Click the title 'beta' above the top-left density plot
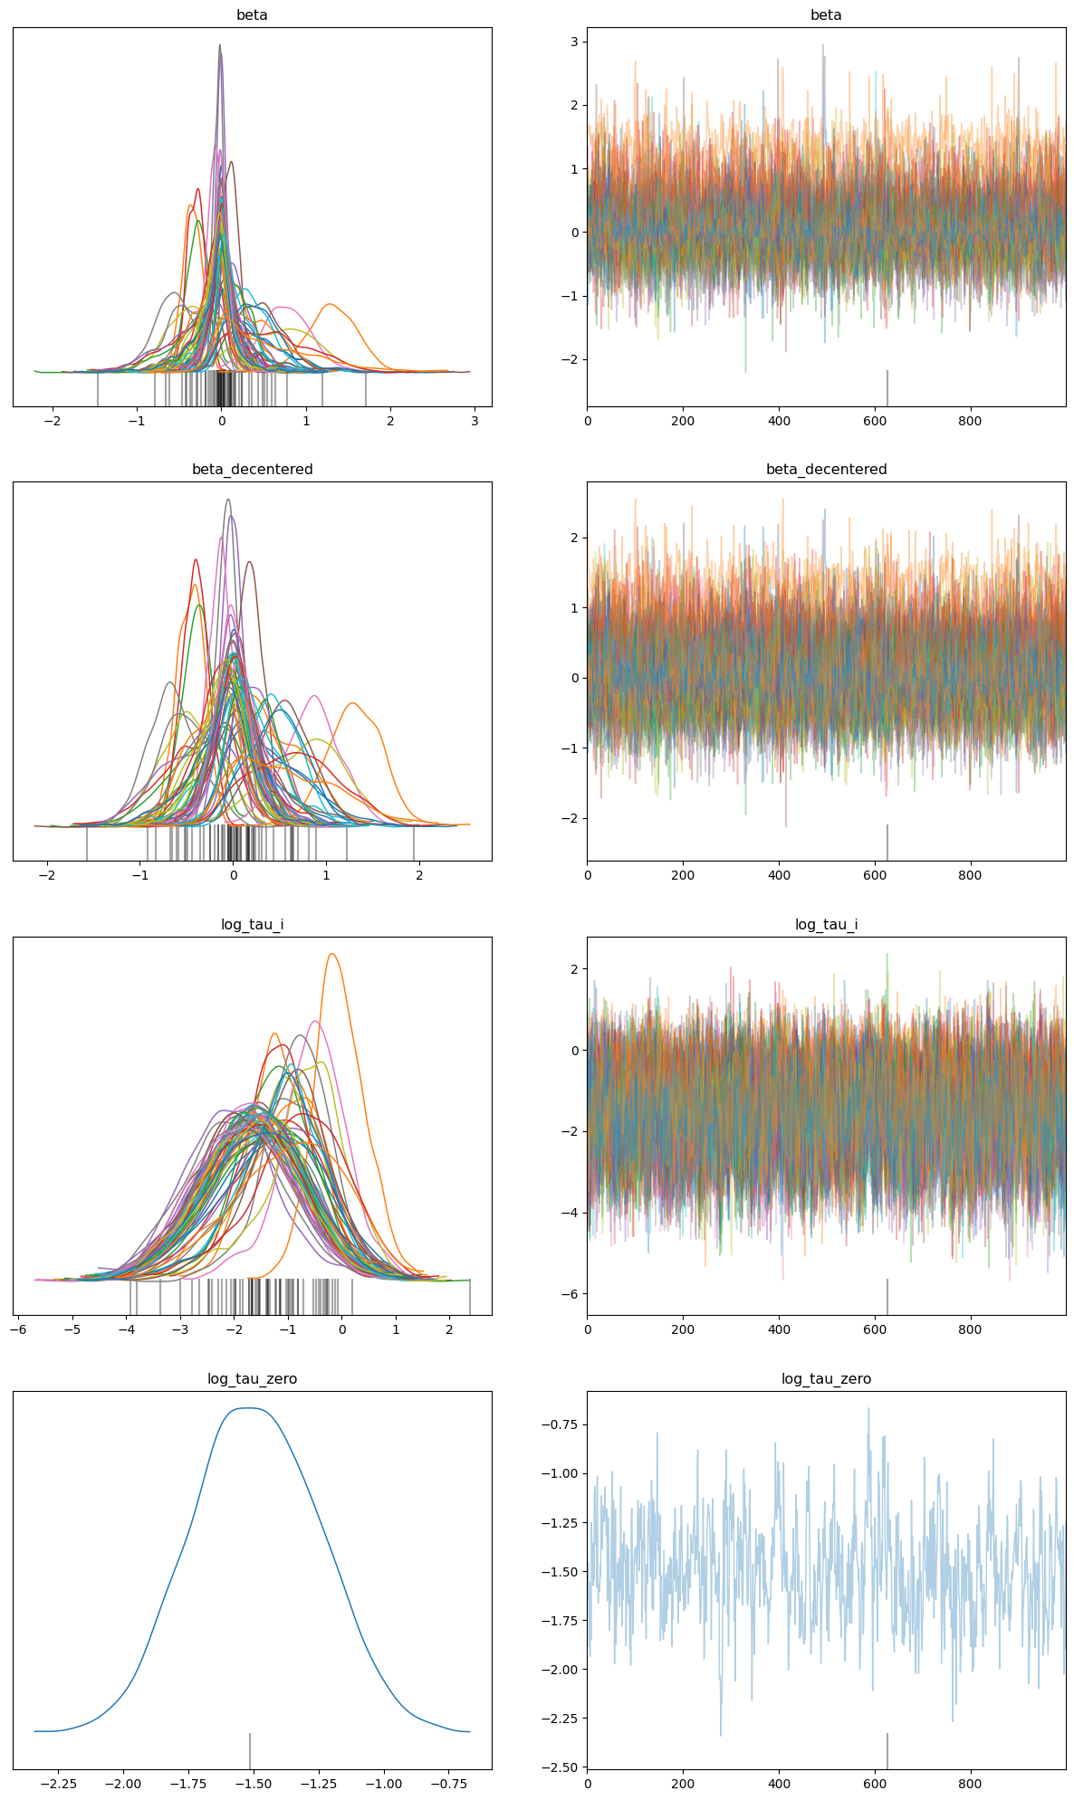[252, 15]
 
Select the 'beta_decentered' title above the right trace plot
[826, 470]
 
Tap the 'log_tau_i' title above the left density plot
[252, 925]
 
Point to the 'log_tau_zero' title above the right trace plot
[826, 1379]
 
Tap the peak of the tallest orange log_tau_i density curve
[332, 954]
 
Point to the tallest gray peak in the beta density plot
[219, 45]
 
